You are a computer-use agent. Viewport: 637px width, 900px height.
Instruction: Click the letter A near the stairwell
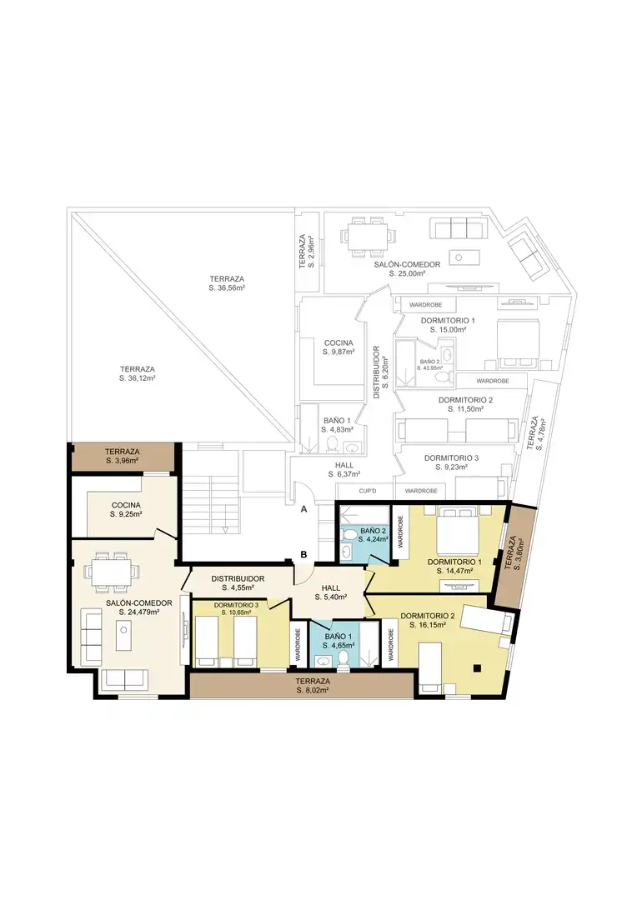303,509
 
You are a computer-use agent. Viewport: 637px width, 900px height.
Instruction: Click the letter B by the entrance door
303,554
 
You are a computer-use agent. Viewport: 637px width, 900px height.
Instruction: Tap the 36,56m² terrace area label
227,283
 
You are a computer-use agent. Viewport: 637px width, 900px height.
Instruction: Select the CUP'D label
367,491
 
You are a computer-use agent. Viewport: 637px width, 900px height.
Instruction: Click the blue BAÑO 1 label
339,641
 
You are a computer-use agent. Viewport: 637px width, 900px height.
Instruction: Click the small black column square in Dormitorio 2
477,667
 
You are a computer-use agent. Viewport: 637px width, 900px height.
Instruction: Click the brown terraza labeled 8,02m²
301,685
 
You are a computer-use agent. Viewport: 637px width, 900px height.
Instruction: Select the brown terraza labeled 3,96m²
123,457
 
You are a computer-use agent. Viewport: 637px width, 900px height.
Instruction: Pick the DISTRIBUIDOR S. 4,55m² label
238,583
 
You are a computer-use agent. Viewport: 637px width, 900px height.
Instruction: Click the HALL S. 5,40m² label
331,592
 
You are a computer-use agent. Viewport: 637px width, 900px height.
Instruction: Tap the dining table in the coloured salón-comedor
113,572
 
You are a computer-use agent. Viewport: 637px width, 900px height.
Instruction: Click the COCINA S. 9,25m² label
127,510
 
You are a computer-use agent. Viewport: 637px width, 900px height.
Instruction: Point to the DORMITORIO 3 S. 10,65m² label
236,609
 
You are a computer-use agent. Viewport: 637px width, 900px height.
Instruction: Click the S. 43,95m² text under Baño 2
429,368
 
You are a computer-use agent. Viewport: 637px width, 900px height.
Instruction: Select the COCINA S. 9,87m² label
339,347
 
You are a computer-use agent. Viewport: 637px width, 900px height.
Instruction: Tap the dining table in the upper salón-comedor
369,236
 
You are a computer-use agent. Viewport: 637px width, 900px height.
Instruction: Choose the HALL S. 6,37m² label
344,469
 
